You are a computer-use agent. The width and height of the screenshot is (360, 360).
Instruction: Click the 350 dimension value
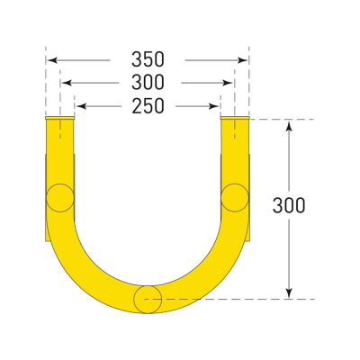(x=147, y=59)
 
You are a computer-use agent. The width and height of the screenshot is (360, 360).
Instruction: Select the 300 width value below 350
(x=147, y=83)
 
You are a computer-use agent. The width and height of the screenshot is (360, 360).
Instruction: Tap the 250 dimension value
(x=147, y=106)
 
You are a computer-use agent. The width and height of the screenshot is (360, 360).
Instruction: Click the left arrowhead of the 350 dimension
(x=50, y=59)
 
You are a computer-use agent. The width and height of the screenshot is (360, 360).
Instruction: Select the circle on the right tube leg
(x=235, y=195)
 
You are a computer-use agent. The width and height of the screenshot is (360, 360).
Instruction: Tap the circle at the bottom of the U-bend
(x=148, y=298)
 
